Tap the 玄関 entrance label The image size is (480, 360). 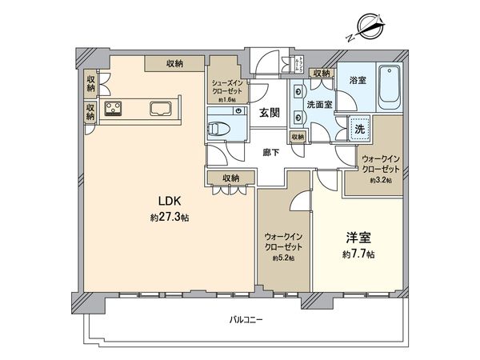(x=268, y=114)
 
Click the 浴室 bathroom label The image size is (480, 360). (x=357, y=81)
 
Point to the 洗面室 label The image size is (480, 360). (x=319, y=104)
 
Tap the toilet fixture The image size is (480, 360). (x=220, y=128)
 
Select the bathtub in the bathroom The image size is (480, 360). (x=391, y=88)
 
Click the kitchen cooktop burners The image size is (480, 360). (x=113, y=108)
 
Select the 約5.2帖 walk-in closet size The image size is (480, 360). (x=282, y=258)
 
